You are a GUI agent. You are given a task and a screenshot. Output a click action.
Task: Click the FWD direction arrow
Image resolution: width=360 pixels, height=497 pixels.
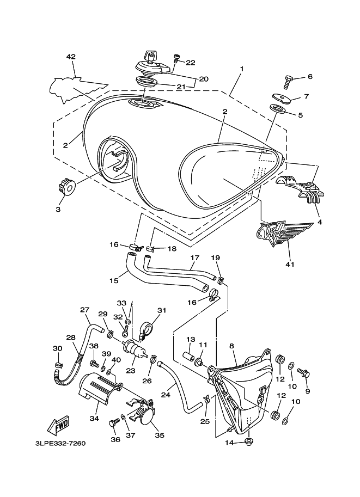59,426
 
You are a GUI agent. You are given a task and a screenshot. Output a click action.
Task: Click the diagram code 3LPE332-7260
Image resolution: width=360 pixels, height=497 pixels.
60,443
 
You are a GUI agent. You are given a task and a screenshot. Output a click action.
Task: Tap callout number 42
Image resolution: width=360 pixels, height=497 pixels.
71,57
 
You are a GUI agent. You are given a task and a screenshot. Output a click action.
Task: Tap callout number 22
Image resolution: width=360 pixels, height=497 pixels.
190,63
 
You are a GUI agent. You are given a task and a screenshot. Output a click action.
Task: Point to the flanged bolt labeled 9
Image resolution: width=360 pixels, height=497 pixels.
303,373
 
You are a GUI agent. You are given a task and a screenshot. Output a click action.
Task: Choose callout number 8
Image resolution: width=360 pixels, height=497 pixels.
231,346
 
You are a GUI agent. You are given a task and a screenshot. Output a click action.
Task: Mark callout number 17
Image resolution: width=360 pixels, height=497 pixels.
194,257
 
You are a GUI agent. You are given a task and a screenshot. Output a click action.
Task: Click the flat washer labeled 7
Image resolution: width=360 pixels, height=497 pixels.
282,99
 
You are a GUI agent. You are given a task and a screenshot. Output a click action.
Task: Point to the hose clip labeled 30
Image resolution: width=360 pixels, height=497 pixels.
58,365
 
